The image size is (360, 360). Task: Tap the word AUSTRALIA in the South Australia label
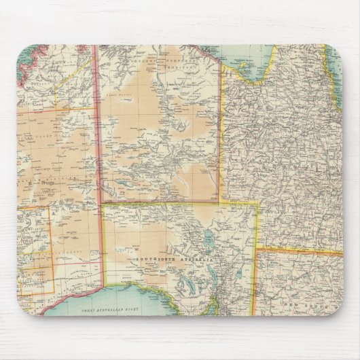193,260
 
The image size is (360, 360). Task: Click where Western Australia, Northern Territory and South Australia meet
101,202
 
